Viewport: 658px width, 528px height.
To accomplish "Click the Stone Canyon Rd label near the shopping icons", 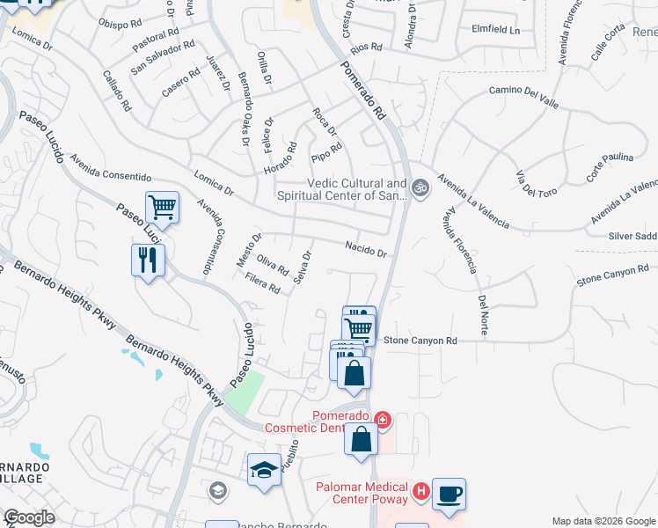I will [x=420, y=341].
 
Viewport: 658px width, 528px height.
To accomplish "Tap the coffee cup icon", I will [x=449, y=494].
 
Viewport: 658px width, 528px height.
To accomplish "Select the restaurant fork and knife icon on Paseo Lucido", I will [x=147, y=260].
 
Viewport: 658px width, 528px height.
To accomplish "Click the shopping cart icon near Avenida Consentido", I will [x=162, y=208].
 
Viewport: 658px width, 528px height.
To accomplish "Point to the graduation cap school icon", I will [x=264, y=469].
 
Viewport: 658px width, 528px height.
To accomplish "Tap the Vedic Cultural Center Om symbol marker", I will [x=420, y=187].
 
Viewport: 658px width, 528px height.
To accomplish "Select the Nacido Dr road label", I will [x=366, y=250].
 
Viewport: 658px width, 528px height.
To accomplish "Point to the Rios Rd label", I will [x=367, y=46].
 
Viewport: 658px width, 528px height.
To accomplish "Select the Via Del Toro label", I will [x=531, y=179].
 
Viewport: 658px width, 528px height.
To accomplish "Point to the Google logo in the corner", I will [x=28, y=517].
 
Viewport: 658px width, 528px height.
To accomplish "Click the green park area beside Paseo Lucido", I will [x=244, y=392].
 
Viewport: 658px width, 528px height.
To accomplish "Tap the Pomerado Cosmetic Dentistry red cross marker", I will [x=382, y=420].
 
